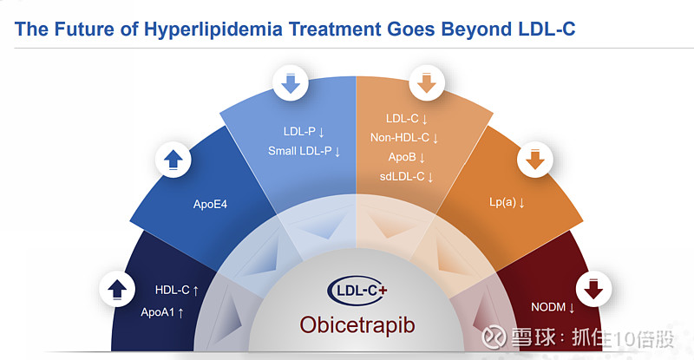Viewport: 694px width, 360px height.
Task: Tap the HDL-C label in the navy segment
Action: pos(172,291)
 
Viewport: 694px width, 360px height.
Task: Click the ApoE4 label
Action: pos(209,206)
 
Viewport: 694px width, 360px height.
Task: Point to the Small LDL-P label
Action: pos(304,152)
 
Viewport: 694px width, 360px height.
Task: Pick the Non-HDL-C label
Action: pos(404,138)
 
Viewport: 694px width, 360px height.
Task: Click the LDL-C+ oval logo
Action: pos(356,290)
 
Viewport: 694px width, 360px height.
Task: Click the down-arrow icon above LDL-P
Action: pos(290,85)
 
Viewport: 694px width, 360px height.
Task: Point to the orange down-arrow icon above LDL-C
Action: pos(426,85)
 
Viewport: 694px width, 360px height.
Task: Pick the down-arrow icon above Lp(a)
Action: pos(535,160)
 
